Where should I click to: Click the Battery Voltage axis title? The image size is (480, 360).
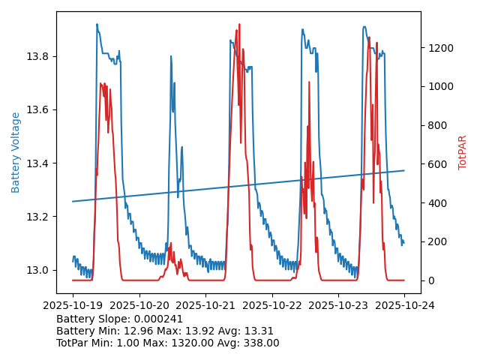(x=16, y=152)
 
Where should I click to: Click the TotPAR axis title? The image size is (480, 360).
(x=462, y=152)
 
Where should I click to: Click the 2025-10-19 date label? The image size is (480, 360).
(x=73, y=305)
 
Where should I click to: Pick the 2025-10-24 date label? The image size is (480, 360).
(x=404, y=305)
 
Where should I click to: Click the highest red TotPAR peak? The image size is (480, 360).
(x=240, y=25)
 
